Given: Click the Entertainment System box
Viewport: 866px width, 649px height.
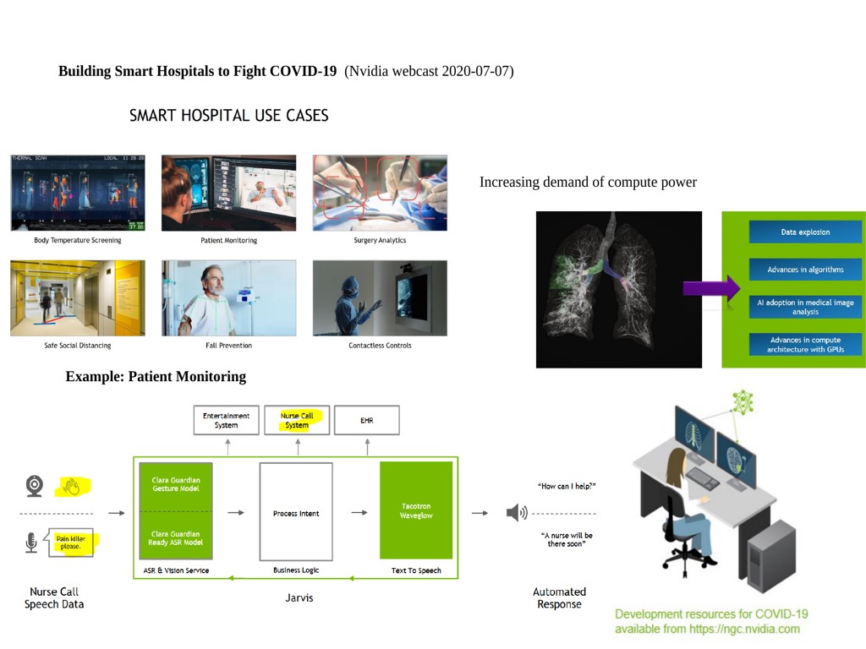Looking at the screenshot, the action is coord(226,421).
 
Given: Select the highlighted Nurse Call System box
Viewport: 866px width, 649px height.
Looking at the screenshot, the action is coord(297,421).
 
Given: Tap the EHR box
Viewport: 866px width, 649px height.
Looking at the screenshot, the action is coord(367,421).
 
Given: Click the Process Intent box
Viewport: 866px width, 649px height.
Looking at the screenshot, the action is coord(296,512).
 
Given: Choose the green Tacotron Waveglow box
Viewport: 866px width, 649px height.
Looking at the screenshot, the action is coord(416,510).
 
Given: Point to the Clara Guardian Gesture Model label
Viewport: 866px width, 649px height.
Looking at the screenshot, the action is coord(176,484).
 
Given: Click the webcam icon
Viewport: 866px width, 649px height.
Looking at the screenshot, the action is coord(34,486).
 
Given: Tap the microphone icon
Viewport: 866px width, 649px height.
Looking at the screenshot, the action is coord(31,543).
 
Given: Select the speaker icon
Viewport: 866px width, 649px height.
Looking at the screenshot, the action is coord(517,513).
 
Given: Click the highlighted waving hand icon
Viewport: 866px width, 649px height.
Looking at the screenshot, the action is coord(72,487).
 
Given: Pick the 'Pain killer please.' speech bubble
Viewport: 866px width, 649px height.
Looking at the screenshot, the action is coord(70,543).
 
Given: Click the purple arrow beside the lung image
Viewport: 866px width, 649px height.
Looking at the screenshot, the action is coord(711,288).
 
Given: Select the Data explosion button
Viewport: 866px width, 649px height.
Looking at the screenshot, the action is coord(805,232).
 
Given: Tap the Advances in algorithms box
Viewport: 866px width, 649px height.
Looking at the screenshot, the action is coord(805,270).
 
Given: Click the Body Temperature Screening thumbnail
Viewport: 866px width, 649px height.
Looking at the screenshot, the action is coord(78,193).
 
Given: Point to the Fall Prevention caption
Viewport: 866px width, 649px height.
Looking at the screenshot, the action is coord(228,346).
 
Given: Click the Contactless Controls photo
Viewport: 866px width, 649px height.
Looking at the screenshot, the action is coord(380,298).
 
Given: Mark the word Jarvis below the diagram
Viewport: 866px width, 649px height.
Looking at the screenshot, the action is coord(299,597).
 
